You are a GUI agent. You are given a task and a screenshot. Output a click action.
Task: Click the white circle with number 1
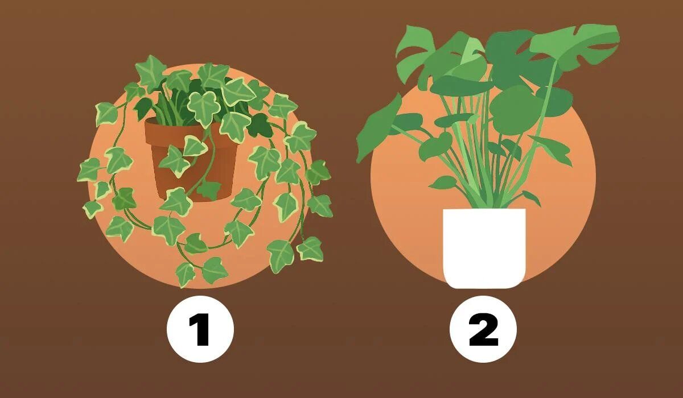(x=200, y=329)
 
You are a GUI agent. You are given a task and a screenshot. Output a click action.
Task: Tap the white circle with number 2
(x=483, y=329)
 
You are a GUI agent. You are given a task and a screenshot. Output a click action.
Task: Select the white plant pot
(x=484, y=248)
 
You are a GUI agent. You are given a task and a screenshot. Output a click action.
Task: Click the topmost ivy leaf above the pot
(x=151, y=72)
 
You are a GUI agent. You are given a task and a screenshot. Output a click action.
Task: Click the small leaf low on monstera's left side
(x=443, y=183)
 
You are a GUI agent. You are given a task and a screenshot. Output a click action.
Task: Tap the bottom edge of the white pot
(x=484, y=288)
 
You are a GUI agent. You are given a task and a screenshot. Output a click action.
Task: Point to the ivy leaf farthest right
(x=319, y=205)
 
